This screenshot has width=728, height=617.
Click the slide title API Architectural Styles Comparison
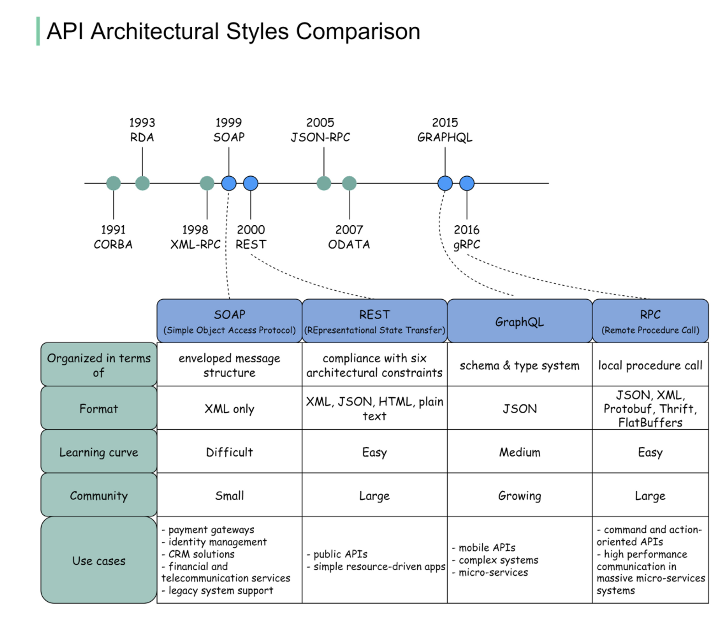click(233, 31)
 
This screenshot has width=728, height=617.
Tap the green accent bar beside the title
click(38, 31)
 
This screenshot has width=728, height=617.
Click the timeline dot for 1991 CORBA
click(113, 183)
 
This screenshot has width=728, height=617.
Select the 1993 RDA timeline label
click(142, 130)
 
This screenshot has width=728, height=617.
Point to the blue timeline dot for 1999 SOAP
click(229, 183)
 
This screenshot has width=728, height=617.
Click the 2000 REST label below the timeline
click(251, 237)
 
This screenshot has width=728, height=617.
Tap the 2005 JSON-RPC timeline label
click(320, 130)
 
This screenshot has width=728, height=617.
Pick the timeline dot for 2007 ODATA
click(349, 183)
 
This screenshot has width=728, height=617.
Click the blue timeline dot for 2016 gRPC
click(467, 183)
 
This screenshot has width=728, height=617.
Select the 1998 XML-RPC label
click(195, 237)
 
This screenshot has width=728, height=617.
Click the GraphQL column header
click(519, 322)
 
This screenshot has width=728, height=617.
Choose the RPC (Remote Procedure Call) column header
click(650, 321)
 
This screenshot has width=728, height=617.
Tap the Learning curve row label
click(98, 452)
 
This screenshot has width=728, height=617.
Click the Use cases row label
click(98, 560)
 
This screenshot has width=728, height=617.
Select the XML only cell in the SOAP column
click(229, 409)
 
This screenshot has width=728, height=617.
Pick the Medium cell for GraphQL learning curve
click(519, 452)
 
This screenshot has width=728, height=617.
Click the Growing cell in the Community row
click(519, 495)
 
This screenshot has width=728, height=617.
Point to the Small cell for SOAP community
click(229, 495)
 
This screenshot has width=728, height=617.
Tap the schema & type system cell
click(519, 365)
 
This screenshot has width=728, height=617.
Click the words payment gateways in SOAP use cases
click(211, 530)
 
